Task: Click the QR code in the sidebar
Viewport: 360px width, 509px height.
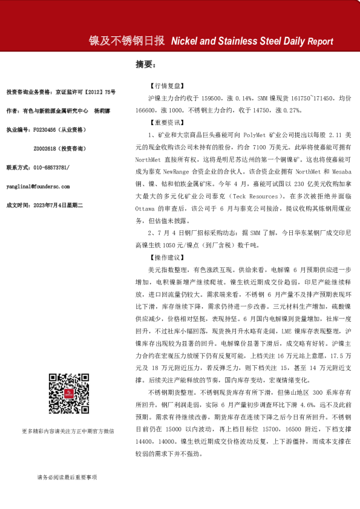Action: pyautogui.click(x=67, y=394)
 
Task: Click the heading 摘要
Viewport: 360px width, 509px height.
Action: pyautogui.click(x=146, y=65)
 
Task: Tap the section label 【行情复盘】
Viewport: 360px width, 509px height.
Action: pyautogui.click(x=168, y=86)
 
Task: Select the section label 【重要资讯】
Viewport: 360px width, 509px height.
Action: pyautogui.click(x=168, y=122)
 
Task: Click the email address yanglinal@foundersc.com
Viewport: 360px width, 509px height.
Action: pyautogui.click(x=38, y=187)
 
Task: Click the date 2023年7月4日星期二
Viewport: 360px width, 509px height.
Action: pyautogui.click(x=60, y=206)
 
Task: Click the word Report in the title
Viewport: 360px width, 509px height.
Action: pyautogui.click(x=320, y=42)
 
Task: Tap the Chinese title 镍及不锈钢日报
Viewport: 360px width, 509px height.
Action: pyautogui.click(x=127, y=41)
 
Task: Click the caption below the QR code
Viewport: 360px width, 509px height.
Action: pyautogui.click(x=68, y=431)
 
